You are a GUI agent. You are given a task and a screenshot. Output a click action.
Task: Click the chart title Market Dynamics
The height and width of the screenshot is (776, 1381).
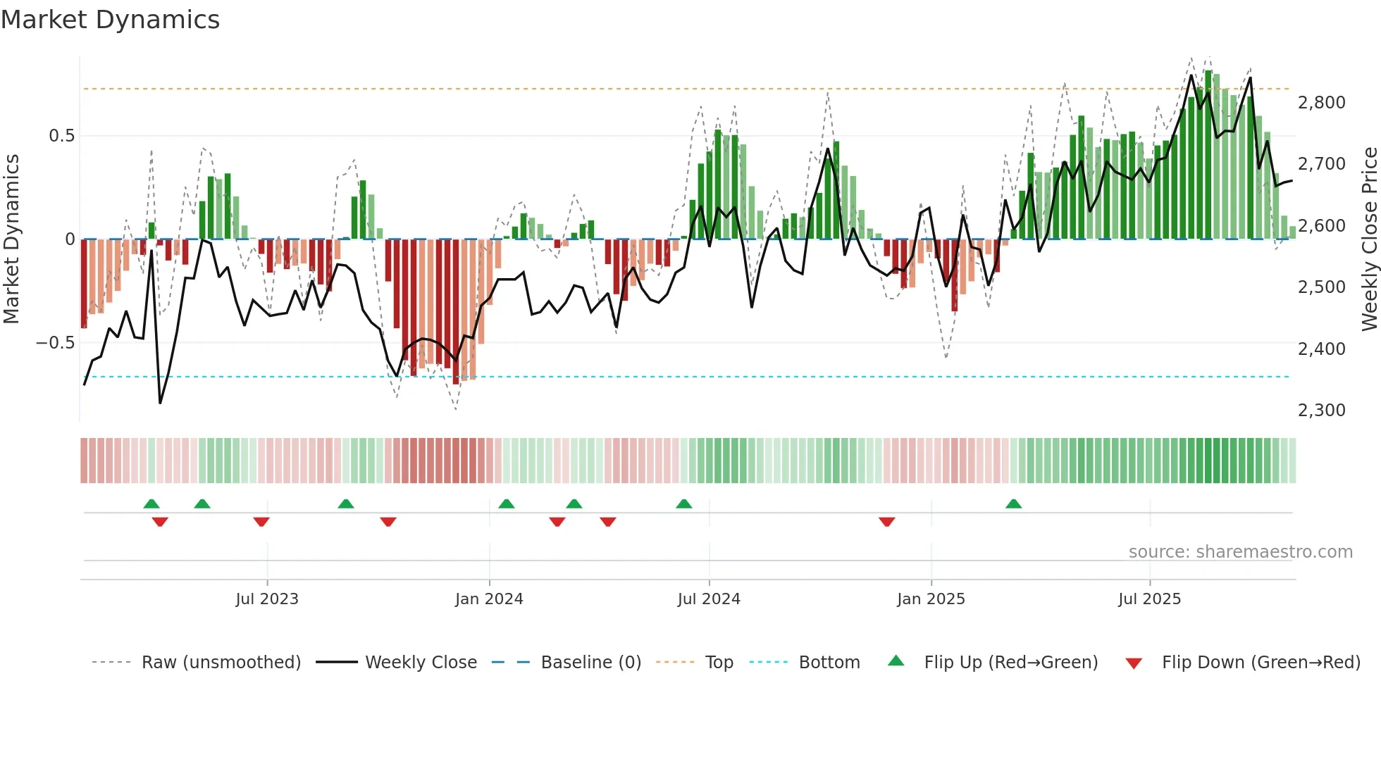click(x=110, y=20)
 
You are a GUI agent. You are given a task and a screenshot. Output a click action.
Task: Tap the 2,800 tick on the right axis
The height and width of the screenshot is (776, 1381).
click(x=1321, y=103)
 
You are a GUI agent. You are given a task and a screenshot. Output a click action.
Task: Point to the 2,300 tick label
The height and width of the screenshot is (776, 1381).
click(x=1321, y=411)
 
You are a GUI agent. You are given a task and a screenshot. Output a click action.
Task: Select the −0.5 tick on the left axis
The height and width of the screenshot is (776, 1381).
click(x=55, y=343)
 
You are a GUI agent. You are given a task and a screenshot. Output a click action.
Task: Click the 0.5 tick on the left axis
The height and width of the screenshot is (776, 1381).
click(x=61, y=136)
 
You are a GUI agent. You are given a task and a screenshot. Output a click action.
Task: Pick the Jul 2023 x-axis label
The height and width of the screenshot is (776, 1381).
click(x=267, y=599)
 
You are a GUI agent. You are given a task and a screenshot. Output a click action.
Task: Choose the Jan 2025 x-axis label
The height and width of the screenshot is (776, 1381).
click(x=931, y=599)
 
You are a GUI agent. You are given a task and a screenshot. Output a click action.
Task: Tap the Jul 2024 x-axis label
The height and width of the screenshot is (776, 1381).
click(x=709, y=599)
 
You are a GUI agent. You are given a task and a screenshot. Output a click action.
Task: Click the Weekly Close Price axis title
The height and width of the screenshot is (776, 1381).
click(x=1369, y=239)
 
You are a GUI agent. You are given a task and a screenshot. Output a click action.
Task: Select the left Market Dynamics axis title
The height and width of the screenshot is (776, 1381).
click(x=11, y=239)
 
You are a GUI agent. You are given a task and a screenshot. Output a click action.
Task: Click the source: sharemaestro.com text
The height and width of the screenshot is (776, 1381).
click(x=1240, y=552)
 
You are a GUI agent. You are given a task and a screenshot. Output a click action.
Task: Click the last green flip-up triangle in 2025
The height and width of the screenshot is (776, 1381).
click(x=1013, y=504)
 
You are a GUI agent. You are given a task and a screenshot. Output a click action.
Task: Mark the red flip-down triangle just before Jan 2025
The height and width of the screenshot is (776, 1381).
click(x=886, y=522)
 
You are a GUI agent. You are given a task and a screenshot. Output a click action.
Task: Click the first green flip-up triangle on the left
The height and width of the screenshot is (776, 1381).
click(x=151, y=504)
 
